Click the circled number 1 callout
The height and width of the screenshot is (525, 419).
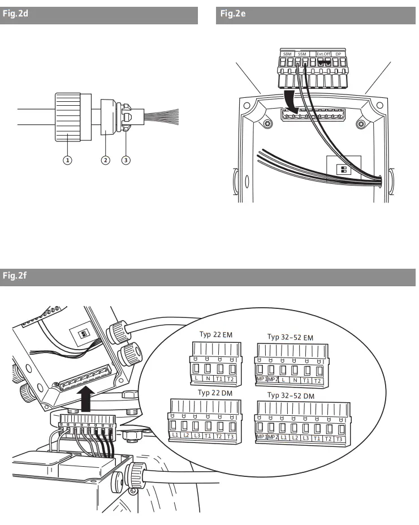(67, 160)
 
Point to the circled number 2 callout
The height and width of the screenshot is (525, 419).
(105, 160)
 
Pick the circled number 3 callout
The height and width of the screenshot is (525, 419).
(126, 160)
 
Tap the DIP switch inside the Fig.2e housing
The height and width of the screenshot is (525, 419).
(343, 170)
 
